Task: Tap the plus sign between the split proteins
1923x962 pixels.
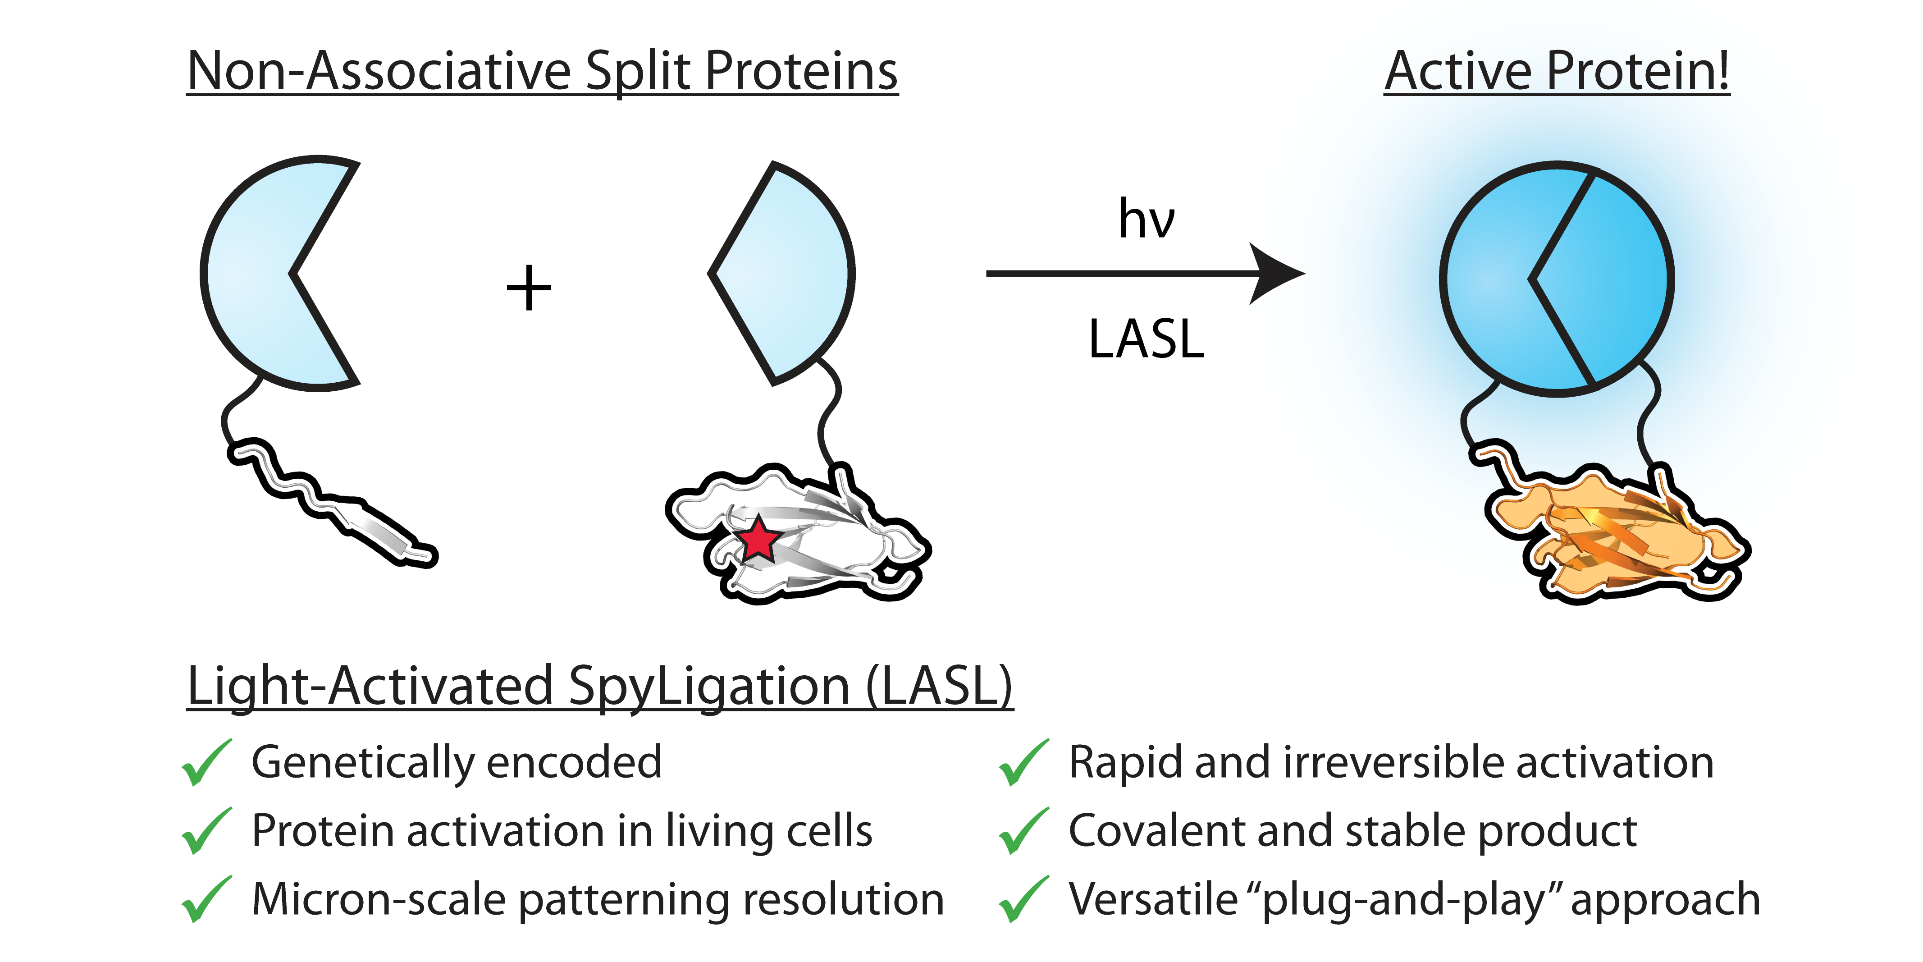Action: (x=529, y=288)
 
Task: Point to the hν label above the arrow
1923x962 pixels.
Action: (x=1146, y=219)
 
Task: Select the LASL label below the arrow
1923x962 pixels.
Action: (x=1146, y=340)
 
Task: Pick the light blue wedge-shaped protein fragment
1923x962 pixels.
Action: (x=791, y=273)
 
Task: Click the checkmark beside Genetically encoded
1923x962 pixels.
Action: (x=206, y=763)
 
